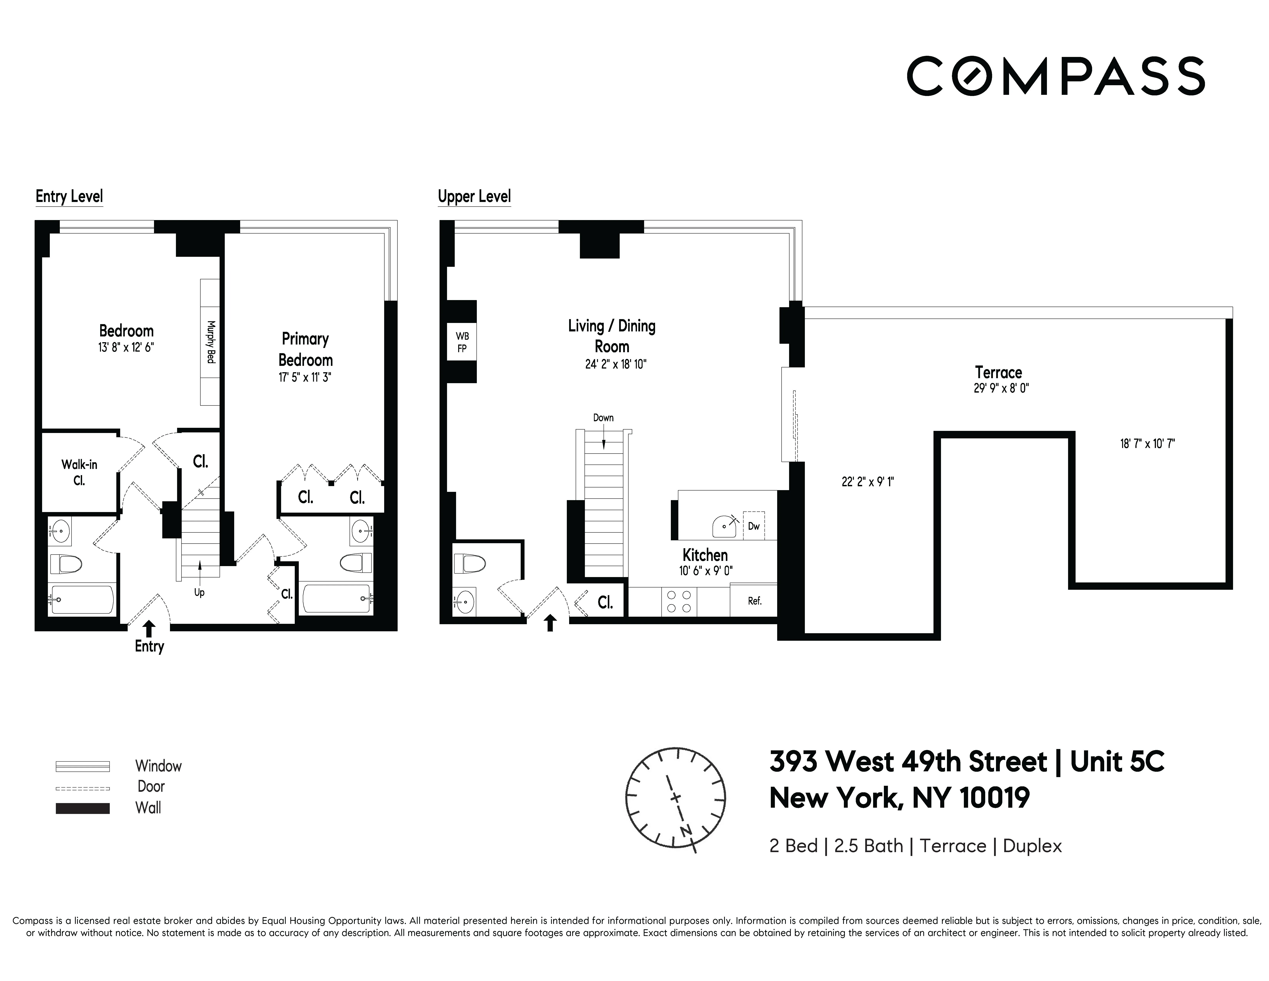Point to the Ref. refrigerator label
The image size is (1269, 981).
[754, 601]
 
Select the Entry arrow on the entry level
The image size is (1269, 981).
[149, 629]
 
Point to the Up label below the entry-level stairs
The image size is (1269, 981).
[199, 593]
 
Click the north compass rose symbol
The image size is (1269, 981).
[675, 797]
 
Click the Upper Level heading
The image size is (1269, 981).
[474, 196]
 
